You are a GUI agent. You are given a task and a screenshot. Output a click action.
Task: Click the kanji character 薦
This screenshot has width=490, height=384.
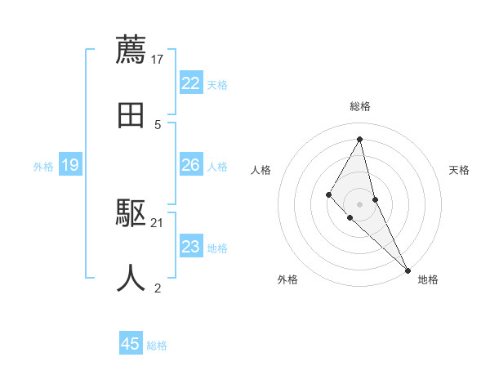pyautogui.click(x=131, y=49)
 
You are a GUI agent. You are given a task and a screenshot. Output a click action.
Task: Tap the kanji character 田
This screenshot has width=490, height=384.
pyautogui.click(x=131, y=115)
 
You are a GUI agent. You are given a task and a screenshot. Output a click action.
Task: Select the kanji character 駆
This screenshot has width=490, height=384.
pyautogui.click(x=131, y=214)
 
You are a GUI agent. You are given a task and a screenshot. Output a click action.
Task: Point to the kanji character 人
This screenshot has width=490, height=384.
pyautogui.click(x=131, y=278)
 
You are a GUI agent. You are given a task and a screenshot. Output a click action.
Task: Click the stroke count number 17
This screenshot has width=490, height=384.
pyautogui.click(x=158, y=59)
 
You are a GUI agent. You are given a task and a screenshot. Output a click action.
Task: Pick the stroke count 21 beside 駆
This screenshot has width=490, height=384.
pyautogui.click(x=158, y=222)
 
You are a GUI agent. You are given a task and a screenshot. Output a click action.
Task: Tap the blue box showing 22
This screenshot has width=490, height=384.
pyautogui.click(x=191, y=83)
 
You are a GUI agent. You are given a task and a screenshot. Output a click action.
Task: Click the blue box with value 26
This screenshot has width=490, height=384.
pyautogui.click(x=191, y=165)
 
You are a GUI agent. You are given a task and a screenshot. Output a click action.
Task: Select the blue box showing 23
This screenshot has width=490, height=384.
pyautogui.click(x=191, y=247)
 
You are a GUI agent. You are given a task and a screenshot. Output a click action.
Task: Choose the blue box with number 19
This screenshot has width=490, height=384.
pyautogui.click(x=70, y=166)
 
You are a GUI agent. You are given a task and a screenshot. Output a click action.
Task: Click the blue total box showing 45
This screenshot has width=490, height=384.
pyautogui.click(x=131, y=344)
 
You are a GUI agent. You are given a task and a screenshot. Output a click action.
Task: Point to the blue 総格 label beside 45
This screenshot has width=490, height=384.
pyautogui.click(x=157, y=346)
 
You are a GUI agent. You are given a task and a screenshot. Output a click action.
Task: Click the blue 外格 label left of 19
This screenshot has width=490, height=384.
pyautogui.click(x=43, y=167)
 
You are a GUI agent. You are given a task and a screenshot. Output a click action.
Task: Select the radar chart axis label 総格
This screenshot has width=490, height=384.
pyautogui.click(x=360, y=106)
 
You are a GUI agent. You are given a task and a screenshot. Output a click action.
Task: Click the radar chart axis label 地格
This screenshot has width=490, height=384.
pyautogui.click(x=428, y=279)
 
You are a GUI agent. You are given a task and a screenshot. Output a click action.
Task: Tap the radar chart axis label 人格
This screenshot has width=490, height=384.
pyautogui.click(x=261, y=170)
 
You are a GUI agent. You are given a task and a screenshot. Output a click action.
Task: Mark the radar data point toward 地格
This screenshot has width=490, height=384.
pyautogui.click(x=408, y=270)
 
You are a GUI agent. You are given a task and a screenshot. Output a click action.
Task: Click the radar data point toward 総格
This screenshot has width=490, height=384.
pyautogui.click(x=360, y=139)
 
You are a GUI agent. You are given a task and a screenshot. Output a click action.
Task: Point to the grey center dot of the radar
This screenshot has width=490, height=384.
pyautogui.click(x=360, y=203)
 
